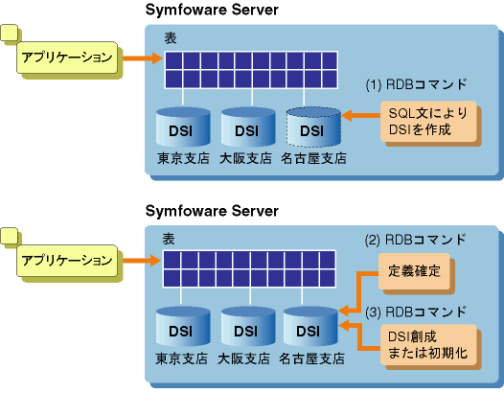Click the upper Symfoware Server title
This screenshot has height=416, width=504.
tap(212, 10)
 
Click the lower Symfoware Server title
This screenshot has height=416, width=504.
tap(212, 211)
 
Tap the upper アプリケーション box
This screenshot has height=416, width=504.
tap(67, 58)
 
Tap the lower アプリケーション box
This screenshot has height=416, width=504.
tap(67, 261)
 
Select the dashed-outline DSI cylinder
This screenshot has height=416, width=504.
tap(313, 127)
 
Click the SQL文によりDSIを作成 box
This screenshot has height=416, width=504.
tap(428, 122)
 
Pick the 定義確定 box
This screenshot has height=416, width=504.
tap(414, 271)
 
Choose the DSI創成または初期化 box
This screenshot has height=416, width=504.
tap(428, 345)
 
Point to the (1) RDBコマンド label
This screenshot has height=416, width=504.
tap(416, 84)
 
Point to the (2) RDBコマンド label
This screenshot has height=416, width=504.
tap(415, 240)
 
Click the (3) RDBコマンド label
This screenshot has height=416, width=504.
tap(416, 312)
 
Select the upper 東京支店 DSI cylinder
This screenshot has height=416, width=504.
tap(183, 127)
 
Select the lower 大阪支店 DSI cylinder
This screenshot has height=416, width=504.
tap(248, 327)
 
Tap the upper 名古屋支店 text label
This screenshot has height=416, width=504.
tap(313, 158)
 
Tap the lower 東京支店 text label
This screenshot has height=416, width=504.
tap(182, 358)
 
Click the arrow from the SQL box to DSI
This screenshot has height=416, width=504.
tap(360, 115)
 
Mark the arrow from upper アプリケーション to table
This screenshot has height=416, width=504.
tap(143, 58)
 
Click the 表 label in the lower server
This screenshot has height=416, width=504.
tap(169, 239)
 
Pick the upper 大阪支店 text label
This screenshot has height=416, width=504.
tap(246, 158)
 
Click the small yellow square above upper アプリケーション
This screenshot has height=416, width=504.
tap(10, 33)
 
